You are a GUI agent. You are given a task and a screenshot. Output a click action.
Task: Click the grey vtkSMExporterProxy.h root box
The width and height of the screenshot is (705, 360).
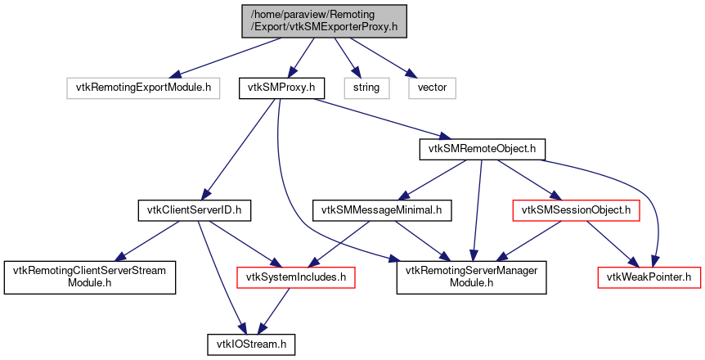point(324,20)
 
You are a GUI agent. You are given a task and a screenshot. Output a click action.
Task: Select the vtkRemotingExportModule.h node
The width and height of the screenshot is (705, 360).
point(144,86)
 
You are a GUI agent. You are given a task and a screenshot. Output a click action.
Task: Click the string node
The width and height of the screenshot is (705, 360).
point(366,86)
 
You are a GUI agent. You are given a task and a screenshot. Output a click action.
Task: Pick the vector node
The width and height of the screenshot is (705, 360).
point(432,86)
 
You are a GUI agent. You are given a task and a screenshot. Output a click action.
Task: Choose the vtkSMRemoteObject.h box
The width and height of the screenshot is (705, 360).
point(482,149)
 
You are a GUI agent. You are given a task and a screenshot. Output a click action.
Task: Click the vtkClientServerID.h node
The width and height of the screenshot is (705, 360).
point(193,211)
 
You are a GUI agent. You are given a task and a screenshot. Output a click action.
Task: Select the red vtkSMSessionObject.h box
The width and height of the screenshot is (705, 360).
point(576,211)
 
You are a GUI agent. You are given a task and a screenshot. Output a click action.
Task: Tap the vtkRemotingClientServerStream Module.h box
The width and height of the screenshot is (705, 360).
point(90,277)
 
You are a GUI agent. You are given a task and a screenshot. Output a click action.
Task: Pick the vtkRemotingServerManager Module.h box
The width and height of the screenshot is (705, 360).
point(471,277)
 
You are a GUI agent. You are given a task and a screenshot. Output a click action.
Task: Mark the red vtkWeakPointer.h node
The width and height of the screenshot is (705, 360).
point(649,277)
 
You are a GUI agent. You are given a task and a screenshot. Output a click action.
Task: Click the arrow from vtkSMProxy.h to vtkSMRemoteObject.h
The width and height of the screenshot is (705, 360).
point(376,116)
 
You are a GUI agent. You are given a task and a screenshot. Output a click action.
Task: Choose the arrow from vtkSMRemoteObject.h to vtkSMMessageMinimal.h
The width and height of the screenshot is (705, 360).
point(433,179)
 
